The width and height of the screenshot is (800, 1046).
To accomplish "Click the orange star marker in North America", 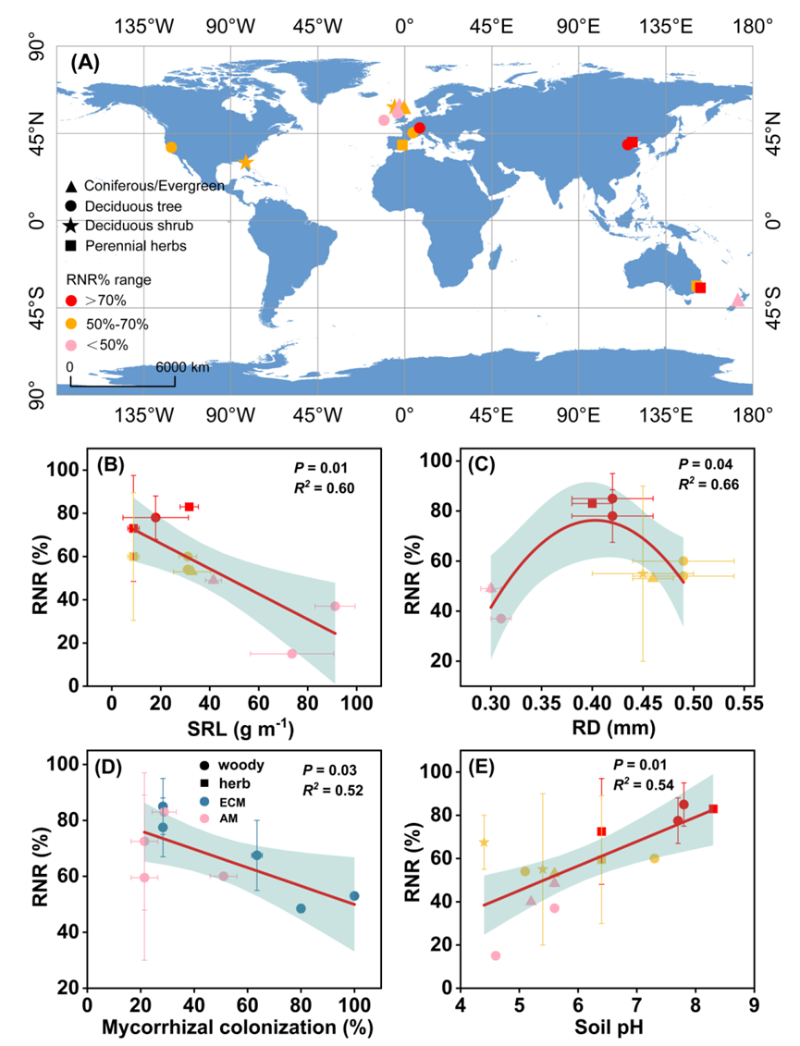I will (x=245, y=163).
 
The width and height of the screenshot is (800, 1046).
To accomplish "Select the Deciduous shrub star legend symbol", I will (x=71, y=226).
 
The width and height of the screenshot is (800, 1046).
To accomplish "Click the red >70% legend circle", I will (x=71, y=301).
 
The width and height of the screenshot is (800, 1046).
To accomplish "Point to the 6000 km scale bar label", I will (x=182, y=367).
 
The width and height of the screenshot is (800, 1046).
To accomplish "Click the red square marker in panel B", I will (x=189, y=507).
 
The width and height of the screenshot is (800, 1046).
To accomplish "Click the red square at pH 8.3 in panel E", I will (x=713, y=808).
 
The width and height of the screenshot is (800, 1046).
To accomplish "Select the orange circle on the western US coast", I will (x=171, y=147).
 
